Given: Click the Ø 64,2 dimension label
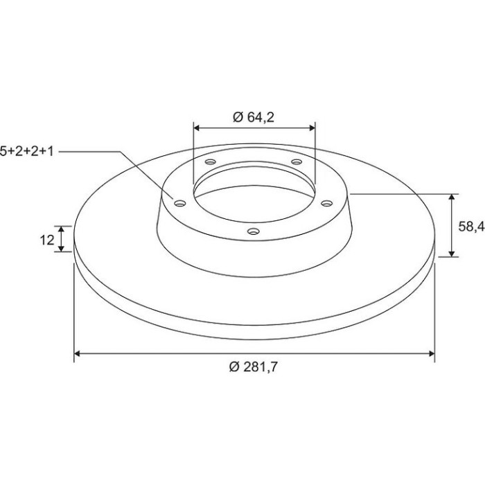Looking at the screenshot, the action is tap(254, 117).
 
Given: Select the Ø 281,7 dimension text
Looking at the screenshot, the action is tap(254, 367).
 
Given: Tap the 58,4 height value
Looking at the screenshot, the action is tap(471, 227).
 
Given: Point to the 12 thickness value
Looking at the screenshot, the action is tap(47, 240).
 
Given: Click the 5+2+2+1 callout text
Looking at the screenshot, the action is tap(27, 151).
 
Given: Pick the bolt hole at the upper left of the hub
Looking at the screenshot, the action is tap(211, 161).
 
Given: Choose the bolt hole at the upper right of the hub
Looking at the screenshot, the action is tap(297, 161).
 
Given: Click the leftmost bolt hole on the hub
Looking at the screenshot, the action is tap(180, 203).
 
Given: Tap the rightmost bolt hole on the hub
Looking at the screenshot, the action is tap(326, 203).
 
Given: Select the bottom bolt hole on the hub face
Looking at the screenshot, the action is tap(254, 231).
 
